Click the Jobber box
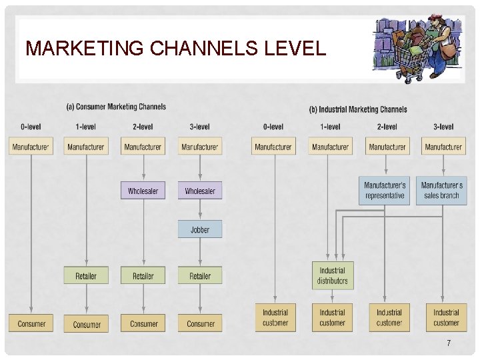[x=200, y=229]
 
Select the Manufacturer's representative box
[x=385, y=190]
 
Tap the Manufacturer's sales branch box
[x=442, y=190]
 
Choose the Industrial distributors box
[x=332, y=275]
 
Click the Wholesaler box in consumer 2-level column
[x=143, y=191]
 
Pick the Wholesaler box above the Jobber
[x=200, y=191]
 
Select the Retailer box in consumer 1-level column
[x=86, y=275]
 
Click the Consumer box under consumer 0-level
[x=31, y=323]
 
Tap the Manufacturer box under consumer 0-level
[x=31, y=146]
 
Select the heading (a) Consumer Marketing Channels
[x=116, y=107]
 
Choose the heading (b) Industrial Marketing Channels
[x=358, y=109]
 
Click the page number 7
[x=449, y=343]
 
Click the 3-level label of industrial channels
[x=443, y=127]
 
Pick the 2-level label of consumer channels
[x=143, y=127]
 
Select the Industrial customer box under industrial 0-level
[x=275, y=317]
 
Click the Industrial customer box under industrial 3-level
[x=446, y=317]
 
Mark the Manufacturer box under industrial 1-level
[x=331, y=147]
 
